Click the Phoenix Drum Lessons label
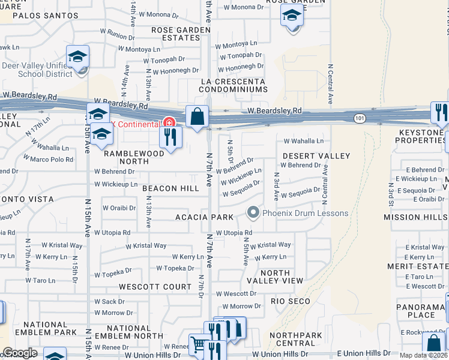click(305, 214)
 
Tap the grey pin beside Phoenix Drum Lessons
click(253, 213)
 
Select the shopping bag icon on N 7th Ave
click(197, 116)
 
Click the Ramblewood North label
click(134, 157)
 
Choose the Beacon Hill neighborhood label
click(170, 188)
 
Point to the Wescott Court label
click(155, 287)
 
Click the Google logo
click(19, 353)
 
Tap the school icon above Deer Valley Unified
click(77, 56)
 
